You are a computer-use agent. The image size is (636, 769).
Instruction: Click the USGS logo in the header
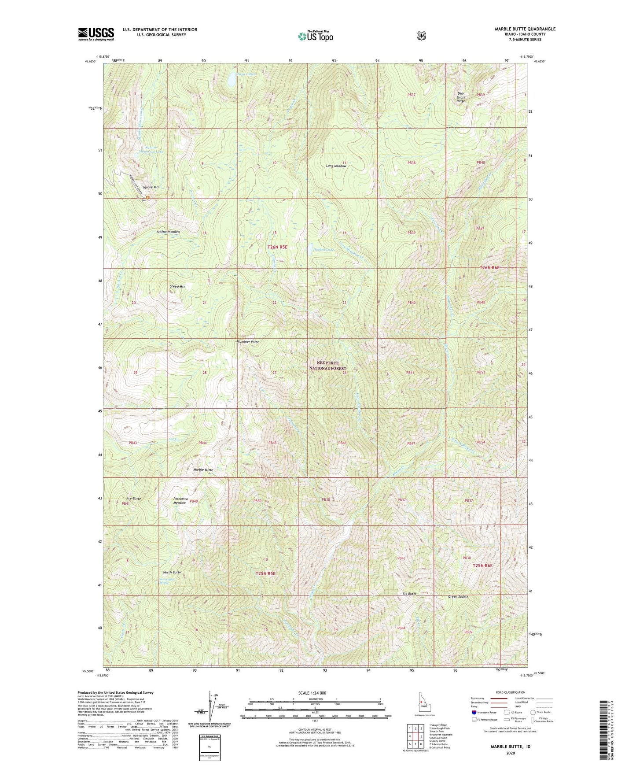pyautogui.click(x=96, y=34)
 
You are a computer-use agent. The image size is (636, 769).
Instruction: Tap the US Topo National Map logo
pyautogui.click(x=315, y=36)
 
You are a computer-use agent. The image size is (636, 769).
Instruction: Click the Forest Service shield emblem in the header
pyautogui.click(x=421, y=35)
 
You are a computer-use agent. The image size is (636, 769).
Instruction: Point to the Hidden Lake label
pyautogui.click(x=324, y=250)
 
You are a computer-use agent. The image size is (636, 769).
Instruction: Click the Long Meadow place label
pyautogui.click(x=336, y=166)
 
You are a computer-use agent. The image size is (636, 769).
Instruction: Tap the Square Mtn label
pyautogui.click(x=150, y=187)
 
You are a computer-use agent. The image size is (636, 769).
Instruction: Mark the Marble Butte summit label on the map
pyautogui.click(x=203, y=470)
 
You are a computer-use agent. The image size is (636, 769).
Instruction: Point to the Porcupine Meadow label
pyautogui.click(x=180, y=501)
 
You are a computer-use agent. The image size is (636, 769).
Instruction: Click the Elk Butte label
pyautogui.click(x=409, y=594)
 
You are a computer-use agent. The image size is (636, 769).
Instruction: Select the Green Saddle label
pyautogui.click(x=458, y=597)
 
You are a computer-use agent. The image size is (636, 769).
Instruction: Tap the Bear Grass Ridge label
pyautogui.click(x=461, y=97)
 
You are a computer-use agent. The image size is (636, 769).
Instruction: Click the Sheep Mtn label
pyautogui.click(x=177, y=287)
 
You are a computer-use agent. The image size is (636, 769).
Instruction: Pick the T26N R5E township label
pyautogui.click(x=277, y=248)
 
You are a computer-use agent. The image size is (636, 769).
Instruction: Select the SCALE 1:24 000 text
pyautogui.click(x=312, y=693)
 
